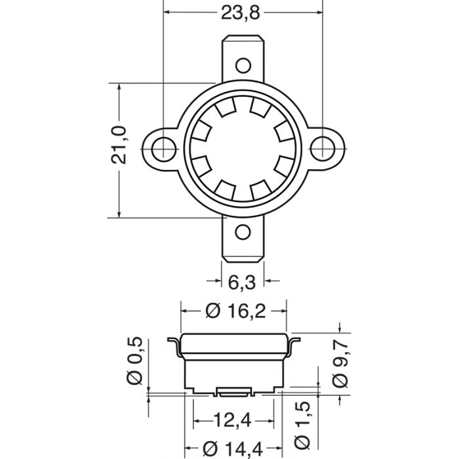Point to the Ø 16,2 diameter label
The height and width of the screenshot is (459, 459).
coord(235,311)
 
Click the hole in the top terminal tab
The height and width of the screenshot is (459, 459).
coord(243,64)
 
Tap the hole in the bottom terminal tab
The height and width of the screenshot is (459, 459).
coord(243,232)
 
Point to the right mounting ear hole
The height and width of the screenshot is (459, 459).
coord(323,148)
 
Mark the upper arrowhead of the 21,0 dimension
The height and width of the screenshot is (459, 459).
coord(119,87)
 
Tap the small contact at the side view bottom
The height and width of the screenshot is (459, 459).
coord(233,392)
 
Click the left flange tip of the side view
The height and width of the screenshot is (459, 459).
coord(169,339)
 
